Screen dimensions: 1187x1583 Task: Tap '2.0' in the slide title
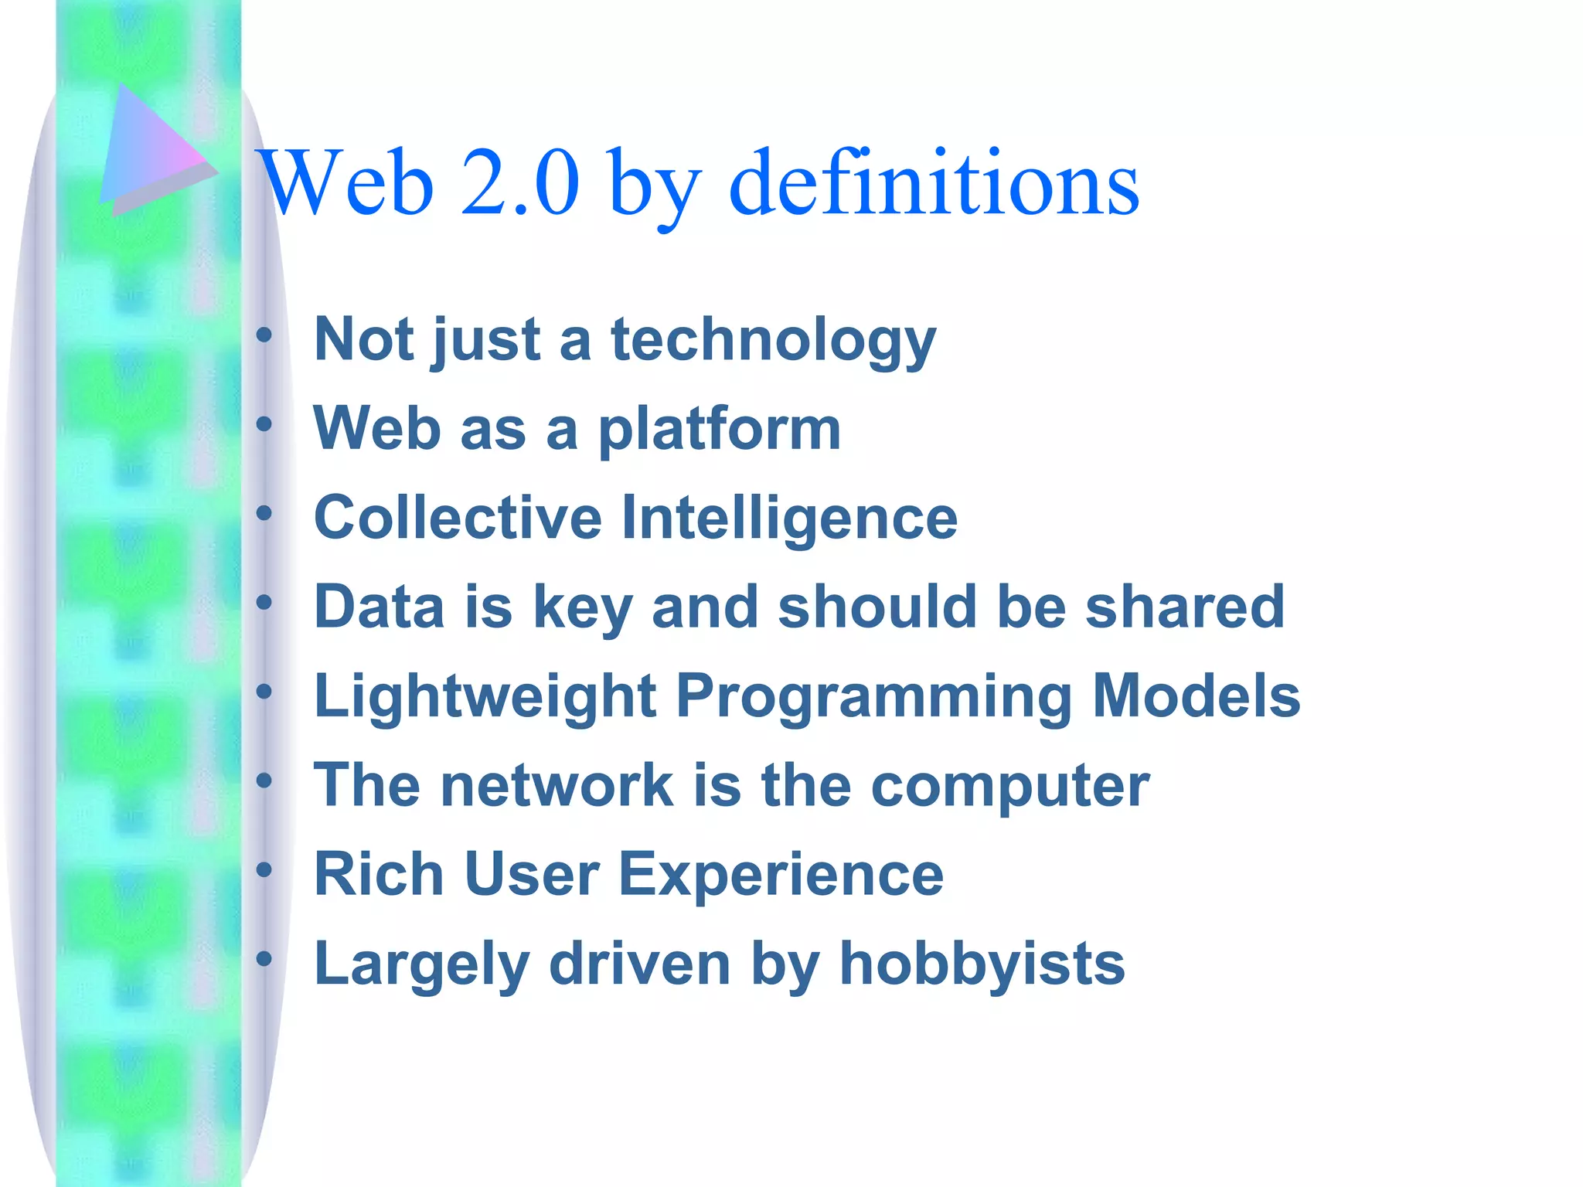click(519, 183)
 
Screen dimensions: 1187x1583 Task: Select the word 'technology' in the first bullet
click(773, 340)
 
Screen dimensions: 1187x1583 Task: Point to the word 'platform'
click(719, 430)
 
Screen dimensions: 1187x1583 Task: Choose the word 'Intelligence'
click(789, 519)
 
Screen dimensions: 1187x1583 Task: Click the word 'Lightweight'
click(485, 697)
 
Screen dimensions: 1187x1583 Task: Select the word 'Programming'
click(874, 697)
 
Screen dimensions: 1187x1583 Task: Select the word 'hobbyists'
click(982, 964)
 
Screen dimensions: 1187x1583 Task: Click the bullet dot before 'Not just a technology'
click(264, 335)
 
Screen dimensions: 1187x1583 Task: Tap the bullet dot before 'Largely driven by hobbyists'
click(264, 959)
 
